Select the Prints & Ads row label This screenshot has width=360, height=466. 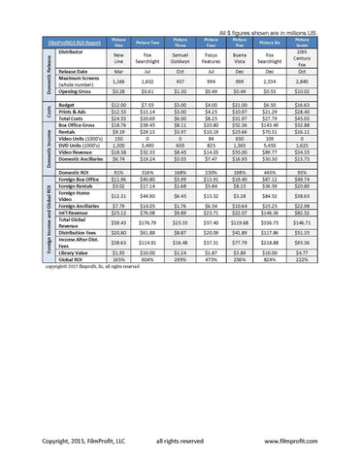[75, 110]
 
